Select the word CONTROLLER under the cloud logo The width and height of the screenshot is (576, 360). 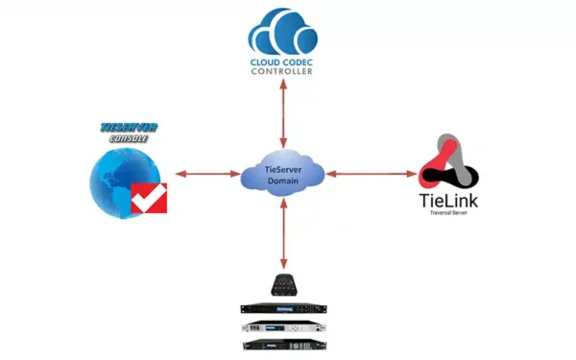pyautogui.click(x=284, y=72)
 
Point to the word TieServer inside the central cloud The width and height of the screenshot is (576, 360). pyautogui.click(x=284, y=168)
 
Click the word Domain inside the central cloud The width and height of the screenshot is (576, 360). pyautogui.click(x=284, y=180)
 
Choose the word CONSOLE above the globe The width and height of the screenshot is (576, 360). pyautogui.click(x=128, y=138)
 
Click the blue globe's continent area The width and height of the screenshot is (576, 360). pyautogui.click(x=113, y=182)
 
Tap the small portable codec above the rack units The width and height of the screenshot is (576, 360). pyautogui.click(x=284, y=285)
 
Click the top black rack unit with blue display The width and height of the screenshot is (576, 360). pyautogui.click(x=284, y=308)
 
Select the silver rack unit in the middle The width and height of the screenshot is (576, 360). pyautogui.click(x=284, y=326)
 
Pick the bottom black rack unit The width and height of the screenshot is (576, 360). pyautogui.click(x=284, y=344)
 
